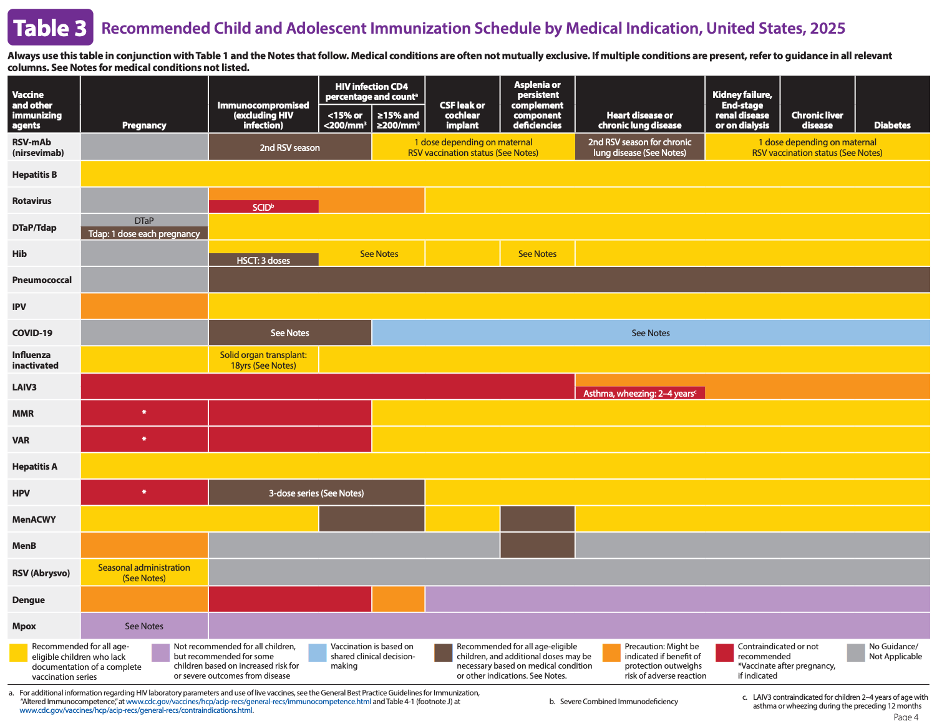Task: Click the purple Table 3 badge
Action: coord(51,27)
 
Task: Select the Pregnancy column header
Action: coord(144,125)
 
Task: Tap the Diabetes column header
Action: coord(891,125)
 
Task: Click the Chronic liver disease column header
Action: coord(817,120)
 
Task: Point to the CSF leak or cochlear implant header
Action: coord(462,115)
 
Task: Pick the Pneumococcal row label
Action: coord(42,279)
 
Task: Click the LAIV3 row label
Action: coord(24,387)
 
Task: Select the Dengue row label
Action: coord(29,599)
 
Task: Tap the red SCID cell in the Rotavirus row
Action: coord(263,207)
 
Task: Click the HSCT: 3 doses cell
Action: coord(263,260)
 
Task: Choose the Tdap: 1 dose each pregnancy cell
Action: coord(144,233)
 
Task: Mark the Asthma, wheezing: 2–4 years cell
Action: coord(639,393)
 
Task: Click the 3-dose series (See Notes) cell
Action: coord(316,493)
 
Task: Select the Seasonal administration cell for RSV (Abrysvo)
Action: coord(144,573)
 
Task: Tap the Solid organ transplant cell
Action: coord(263,360)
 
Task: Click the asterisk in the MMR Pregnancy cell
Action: coord(144,412)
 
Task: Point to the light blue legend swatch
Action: coord(318,652)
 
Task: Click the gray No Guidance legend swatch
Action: coord(855,652)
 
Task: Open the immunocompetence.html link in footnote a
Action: coord(248,701)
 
